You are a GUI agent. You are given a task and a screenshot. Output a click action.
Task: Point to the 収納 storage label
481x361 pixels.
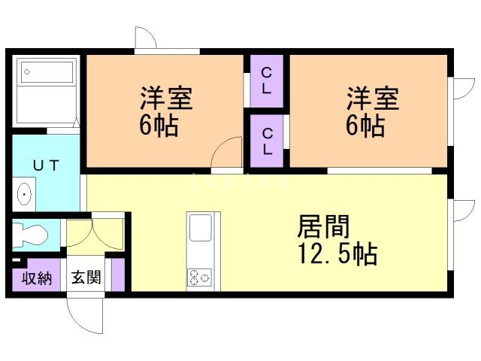(x=36, y=278)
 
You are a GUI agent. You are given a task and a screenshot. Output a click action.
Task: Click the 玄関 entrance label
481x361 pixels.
(x=86, y=278)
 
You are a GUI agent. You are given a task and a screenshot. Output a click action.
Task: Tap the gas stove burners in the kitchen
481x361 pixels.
(x=200, y=278)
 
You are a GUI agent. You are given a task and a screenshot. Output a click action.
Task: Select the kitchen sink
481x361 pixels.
(x=201, y=227)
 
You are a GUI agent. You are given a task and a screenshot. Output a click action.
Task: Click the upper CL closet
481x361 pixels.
(x=266, y=80)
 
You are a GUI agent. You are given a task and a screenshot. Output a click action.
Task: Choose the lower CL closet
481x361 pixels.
(x=267, y=140)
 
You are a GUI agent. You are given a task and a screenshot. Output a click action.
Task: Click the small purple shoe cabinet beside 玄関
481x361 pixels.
(x=117, y=274)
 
